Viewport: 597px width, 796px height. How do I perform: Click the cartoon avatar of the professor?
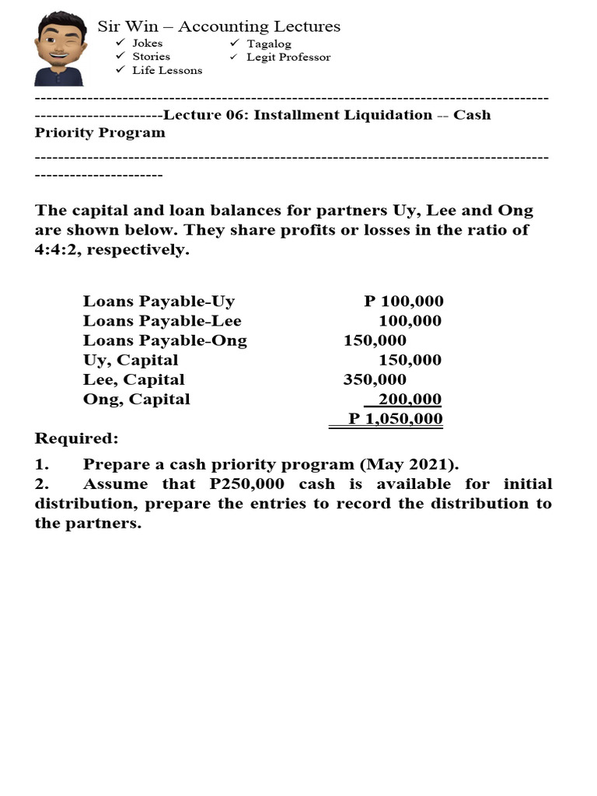59,49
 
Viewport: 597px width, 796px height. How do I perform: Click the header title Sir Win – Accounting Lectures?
218,26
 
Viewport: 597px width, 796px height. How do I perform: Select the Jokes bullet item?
147,44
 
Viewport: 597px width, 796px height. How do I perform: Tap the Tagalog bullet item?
268,44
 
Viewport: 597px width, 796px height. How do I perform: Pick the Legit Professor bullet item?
288,58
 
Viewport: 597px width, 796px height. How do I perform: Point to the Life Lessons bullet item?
166,71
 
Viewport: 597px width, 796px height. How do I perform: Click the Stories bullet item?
151,57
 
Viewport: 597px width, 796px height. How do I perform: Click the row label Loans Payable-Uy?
159,302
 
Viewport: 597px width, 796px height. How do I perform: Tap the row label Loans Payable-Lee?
162,321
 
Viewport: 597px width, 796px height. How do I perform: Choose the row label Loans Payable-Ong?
165,340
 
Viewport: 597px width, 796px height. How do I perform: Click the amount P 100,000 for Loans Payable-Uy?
403,302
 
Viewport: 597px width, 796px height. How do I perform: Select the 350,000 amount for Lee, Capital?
375,380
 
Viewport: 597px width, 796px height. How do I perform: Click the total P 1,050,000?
395,419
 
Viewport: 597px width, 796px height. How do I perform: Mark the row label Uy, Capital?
131,360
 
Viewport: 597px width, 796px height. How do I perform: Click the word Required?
76,439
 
